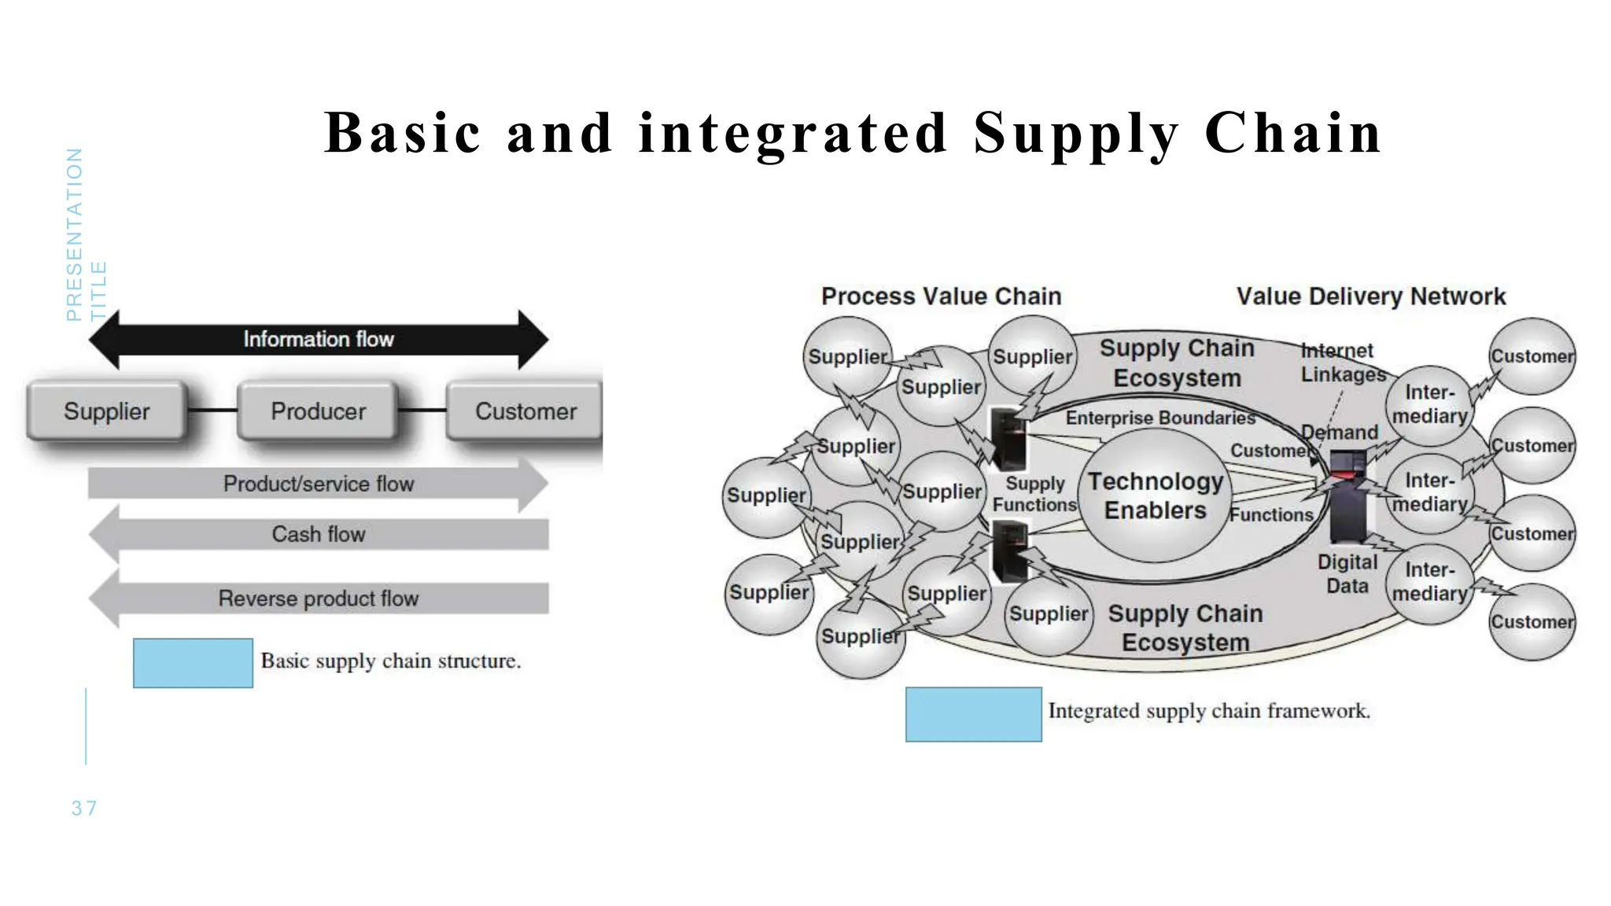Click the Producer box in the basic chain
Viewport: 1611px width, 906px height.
[x=318, y=411]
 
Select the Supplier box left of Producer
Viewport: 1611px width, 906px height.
[x=107, y=411]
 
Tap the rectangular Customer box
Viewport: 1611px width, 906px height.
[x=525, y=411]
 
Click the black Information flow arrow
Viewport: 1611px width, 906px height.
[x=318, y=339]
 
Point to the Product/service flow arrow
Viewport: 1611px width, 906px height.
[x=318, y=484]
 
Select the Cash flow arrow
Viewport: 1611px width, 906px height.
[x=318, y=534]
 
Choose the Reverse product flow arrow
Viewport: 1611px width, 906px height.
[x=318, y=598]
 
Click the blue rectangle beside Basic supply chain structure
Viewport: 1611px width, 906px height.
[x=193, y=663]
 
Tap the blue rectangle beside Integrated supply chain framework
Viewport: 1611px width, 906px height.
[x=973, y=714]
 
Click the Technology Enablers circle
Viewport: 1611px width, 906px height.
[x=1155, y=495]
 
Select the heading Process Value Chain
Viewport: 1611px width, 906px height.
[x=941, y=296]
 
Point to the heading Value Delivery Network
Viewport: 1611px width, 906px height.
[x=1370, y=296]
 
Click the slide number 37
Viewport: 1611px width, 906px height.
[x=84, y=808]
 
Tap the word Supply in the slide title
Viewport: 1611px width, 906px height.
[x=1075, y=134]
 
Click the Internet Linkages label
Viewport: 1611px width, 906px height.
[x=1341, y=363]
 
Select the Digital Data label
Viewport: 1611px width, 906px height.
[x=1347, y=573]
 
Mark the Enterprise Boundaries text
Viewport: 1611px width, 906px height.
[x=1159, y=418]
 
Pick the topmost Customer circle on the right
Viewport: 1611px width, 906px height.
[x=1532, y=356]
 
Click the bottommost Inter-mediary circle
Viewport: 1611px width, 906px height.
[x=1429, y=582]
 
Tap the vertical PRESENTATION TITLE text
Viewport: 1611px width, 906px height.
[x=85, y=234]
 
